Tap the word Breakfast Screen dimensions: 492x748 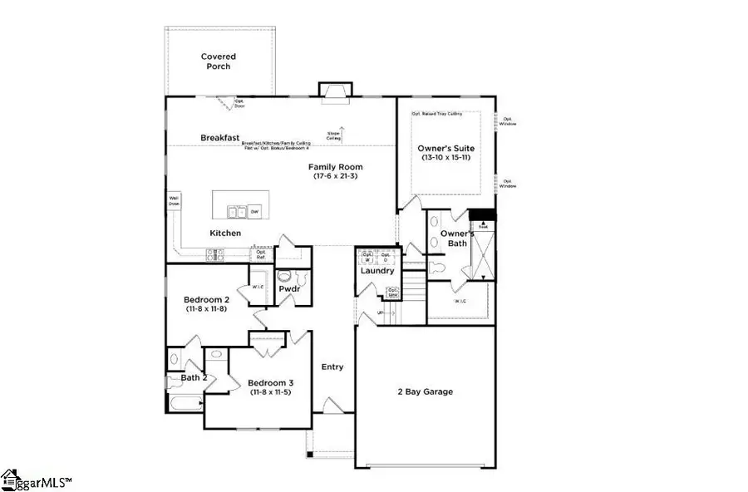pos(220,137)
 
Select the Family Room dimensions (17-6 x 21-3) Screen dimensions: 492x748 pos(338,176)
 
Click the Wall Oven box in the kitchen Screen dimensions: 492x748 pos(174,200)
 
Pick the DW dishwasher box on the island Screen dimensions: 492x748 pos(255,209)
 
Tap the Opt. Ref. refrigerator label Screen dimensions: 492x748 pos(260,254)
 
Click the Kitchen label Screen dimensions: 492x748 pos(225,234)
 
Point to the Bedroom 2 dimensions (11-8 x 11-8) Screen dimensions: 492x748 pos(207,309)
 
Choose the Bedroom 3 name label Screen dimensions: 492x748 pos(270,383)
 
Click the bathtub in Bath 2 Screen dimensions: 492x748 pos(184,405)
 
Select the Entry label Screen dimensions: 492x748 pos(332,367)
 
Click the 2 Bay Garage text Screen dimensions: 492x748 pos(425,391)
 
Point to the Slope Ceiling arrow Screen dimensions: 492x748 pos(338,132)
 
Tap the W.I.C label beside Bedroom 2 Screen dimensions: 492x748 pos(258,288)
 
